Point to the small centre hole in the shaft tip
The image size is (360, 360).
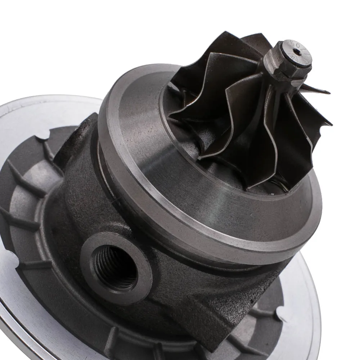point(296,53)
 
